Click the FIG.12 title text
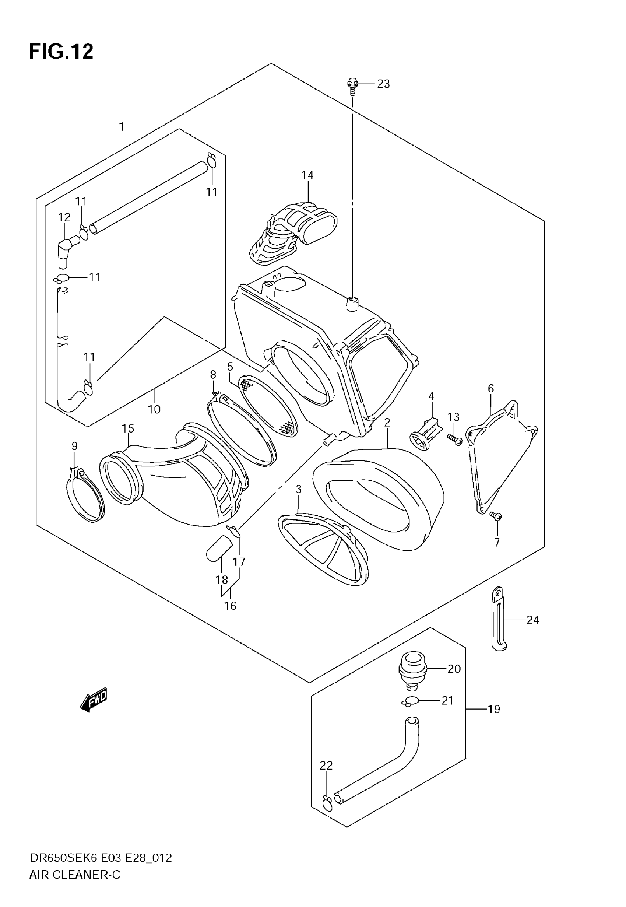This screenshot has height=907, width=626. (61, 51)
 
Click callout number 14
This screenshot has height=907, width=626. (307, 175)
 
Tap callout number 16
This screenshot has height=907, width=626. (230, 606)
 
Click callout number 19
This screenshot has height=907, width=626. (494, 709)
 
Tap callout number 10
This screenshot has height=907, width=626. (154, 410)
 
